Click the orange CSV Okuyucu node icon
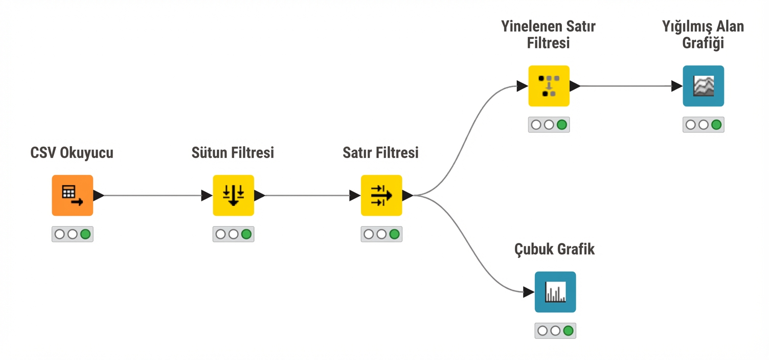tap(72, 195)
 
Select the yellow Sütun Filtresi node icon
tap(233, 195)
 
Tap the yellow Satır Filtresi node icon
tap(381, 195)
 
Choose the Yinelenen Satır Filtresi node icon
tap(549, 86)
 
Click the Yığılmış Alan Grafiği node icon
tap(703, 86)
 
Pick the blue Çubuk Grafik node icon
tap(555, 292)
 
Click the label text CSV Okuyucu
tap(72, 152)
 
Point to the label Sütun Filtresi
tap(233, 152)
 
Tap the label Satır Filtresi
tap(380, 152)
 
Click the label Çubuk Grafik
tap(554, 250)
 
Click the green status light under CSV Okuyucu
tap(85, 234)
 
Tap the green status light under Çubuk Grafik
tap(568, 331)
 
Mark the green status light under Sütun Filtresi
tap(246, 234)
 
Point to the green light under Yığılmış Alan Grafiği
tap(716, 125)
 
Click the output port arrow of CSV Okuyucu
tap(99, 195)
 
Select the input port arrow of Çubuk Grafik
tap(529, 292)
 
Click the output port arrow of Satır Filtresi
tap(408, 195)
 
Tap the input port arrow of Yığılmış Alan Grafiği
tap(676, 86)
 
